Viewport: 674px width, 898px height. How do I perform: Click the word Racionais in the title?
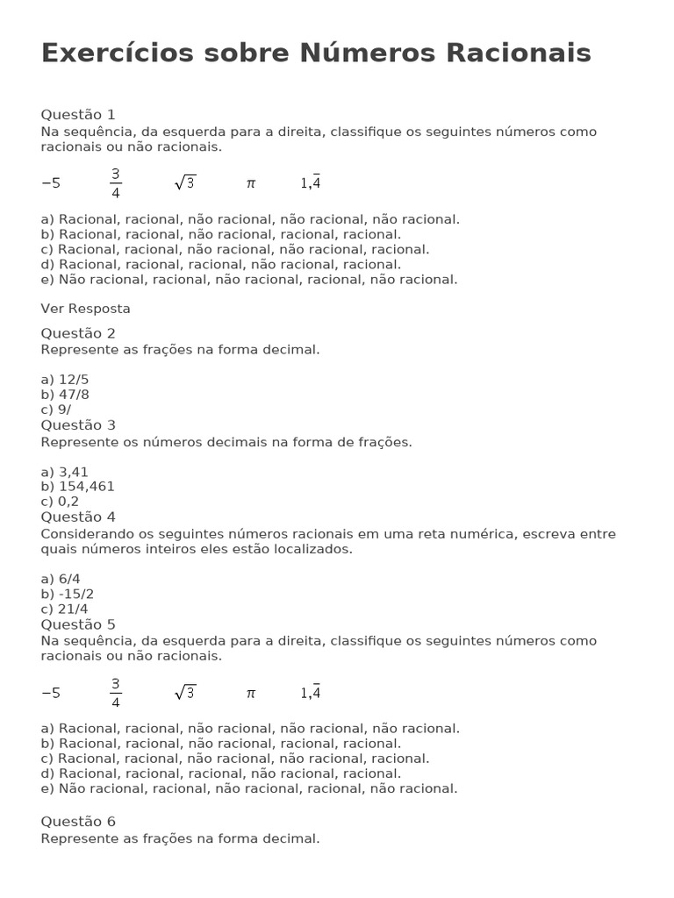tap(519, 53)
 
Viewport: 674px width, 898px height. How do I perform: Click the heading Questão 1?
tap(78, 115)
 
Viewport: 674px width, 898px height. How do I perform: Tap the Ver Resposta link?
tap(85, 309)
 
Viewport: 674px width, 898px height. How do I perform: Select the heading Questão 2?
tap(78, 333)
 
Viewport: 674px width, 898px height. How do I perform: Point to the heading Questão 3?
tap(78, 425)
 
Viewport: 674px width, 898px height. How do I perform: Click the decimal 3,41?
tap(74, 472)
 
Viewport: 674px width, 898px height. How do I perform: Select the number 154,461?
tap(86, 487)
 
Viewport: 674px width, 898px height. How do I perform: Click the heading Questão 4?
tap(78, 517)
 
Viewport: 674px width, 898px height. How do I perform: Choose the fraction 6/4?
tap(69, 579)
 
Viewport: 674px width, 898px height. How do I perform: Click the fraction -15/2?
tap(74, 594)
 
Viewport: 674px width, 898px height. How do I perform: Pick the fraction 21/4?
tap(74, 609)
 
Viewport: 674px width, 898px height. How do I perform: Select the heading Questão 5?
tap(78, 624)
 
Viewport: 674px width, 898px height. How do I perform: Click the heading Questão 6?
tap(78, 822)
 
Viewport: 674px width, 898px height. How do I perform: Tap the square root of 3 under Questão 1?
tap(185, 182)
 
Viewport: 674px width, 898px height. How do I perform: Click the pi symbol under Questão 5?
tap(251, 693)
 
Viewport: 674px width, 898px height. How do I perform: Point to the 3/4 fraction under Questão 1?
tap(116, 183)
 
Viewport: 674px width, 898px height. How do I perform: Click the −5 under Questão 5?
tap(51, 693)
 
